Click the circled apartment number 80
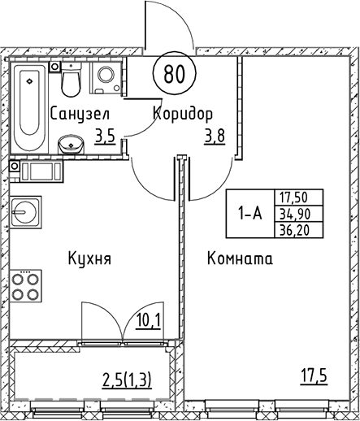(x=173, y=74)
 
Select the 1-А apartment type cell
(x=250, y=214)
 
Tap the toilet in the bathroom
(x=72, y=81)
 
